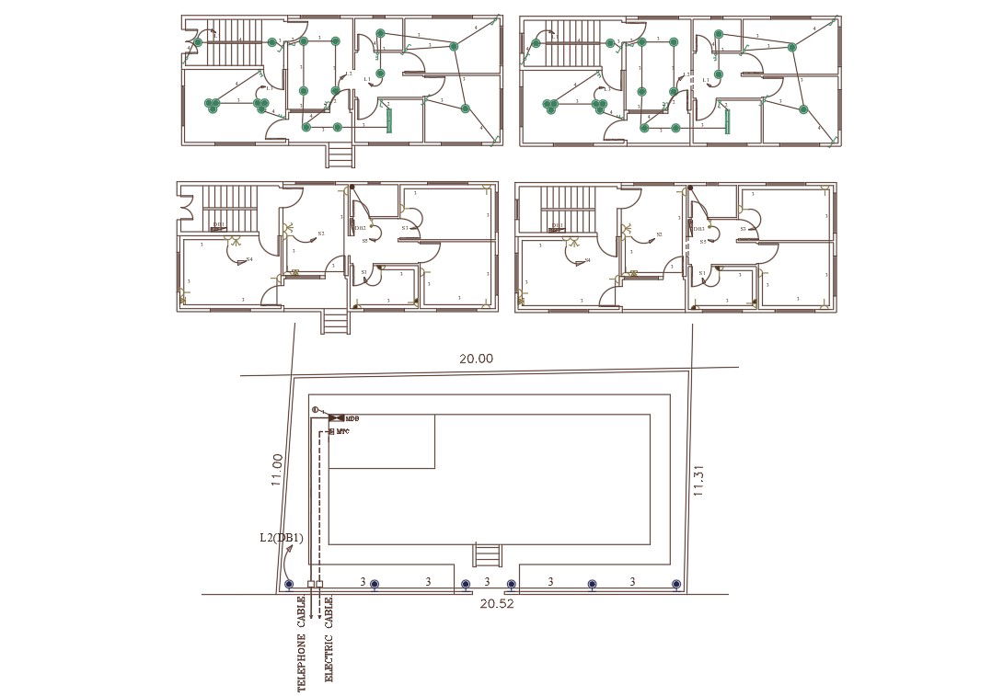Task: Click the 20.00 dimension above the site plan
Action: [x=476, y=359]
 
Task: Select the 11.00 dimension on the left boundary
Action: [x=276, y=469]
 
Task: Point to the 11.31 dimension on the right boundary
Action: [x=698, y=480]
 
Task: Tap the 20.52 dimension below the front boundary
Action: [x=497, y=604]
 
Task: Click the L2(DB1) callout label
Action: [x=281, y=538]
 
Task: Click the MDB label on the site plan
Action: [x=352, y=418]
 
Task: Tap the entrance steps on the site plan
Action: [x=487, y=555]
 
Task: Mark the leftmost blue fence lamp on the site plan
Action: [x=289, y=584]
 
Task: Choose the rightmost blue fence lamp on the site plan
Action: [x=676, y=584]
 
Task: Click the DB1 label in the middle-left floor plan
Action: [x=219, y=225]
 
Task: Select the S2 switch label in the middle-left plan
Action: [x=321, y=234]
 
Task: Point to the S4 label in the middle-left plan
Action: [x=249, y=259]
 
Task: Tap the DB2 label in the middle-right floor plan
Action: [x=698, y=229]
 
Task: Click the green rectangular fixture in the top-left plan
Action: [x=388, y=121]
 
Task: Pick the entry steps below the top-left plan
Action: [x=340, y=155]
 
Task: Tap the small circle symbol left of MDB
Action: [x=315, y=409]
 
